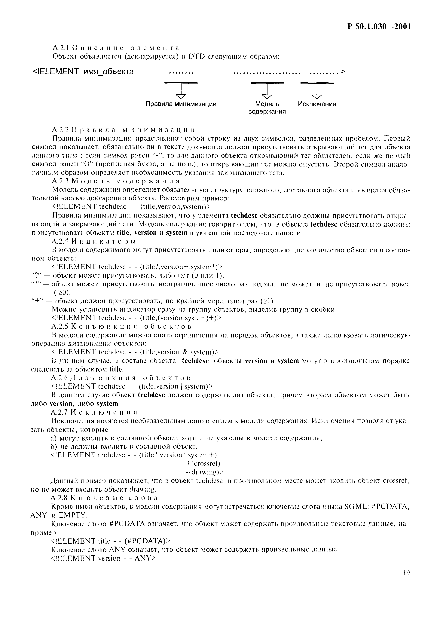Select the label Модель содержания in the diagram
pos(267,108)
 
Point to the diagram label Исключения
pos(317,104)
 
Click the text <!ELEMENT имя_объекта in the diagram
pos(83,72)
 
